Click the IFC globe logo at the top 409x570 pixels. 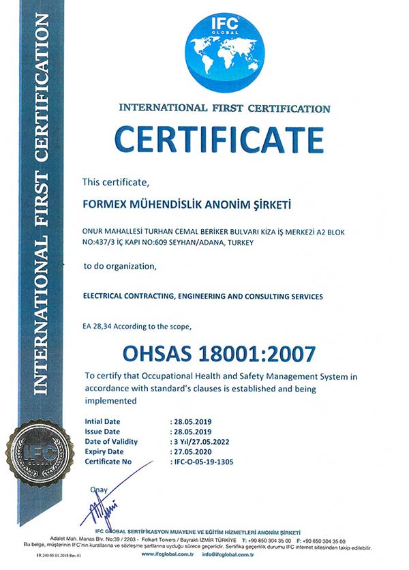(x=223, y=52)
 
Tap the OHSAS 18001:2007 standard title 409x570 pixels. (x=219, y=354)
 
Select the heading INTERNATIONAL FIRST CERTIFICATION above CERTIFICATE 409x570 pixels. (x=224, y=108)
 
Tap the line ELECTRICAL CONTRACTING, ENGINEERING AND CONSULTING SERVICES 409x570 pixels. (x=202, y=297)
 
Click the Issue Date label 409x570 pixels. (x=102, y=432)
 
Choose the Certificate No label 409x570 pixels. (x=108, y=462)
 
